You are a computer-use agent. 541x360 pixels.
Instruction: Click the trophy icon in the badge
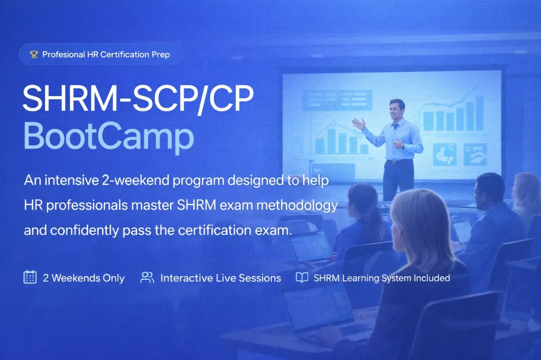[34, 54]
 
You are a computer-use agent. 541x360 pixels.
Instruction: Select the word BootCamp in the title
[108, 136]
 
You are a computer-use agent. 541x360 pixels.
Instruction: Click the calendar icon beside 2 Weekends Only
[30, 278]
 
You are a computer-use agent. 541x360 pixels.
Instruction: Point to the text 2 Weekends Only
[83, 278]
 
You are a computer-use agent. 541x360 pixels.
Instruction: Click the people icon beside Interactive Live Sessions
[147, 278]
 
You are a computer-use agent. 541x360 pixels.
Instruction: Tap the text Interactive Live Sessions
[220, 278]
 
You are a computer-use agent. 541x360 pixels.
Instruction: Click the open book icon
[302, 278]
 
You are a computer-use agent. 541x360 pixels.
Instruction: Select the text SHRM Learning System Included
[381, 278]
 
